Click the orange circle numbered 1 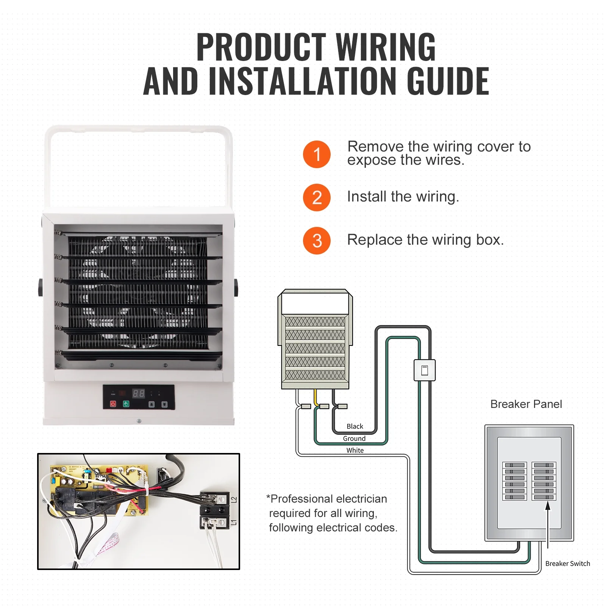click(x=317, y=154)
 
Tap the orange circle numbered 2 click(x=317, y=197)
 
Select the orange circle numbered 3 click(x=317, y=241)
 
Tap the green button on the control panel click(x=126, y=404)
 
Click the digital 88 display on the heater click(x=138, y=393)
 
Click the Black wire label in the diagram click(x=355, y=426)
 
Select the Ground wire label click(x=354, y=438)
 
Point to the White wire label click(x=355, y=450)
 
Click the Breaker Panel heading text click(x=526, y=404)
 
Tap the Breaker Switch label click(x=567, y=563)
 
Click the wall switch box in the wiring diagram click(x=424, y=370)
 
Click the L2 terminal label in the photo click(x=234, y=500)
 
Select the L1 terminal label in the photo click(x=234, y=522)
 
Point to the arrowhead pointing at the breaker click(x=547, y=505)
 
